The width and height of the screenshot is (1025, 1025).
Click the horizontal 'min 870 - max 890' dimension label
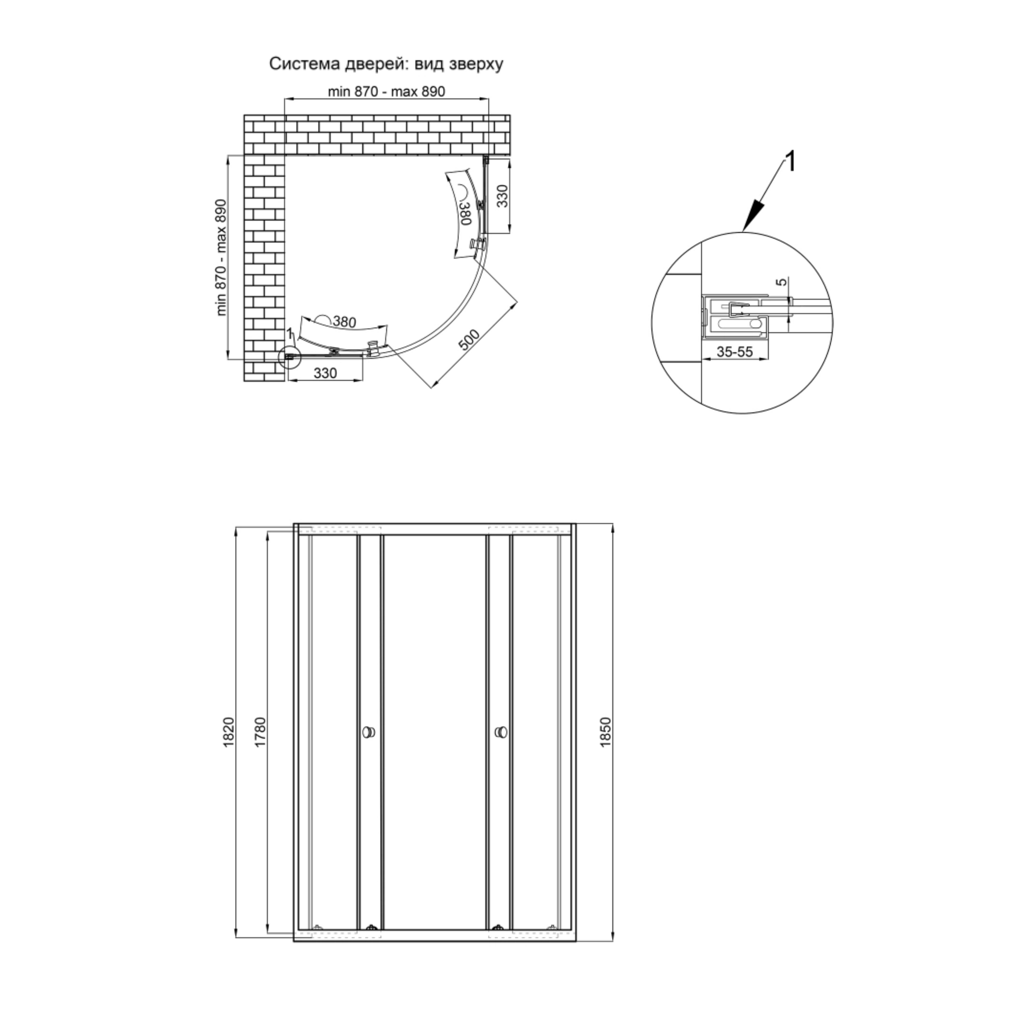(386, 91)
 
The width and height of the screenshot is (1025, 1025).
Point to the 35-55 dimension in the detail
(735, 351)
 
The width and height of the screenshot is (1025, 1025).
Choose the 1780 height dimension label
(260, 733)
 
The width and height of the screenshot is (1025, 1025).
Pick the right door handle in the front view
(500, 733)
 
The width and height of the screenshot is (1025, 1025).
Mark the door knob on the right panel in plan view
(477, 244)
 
